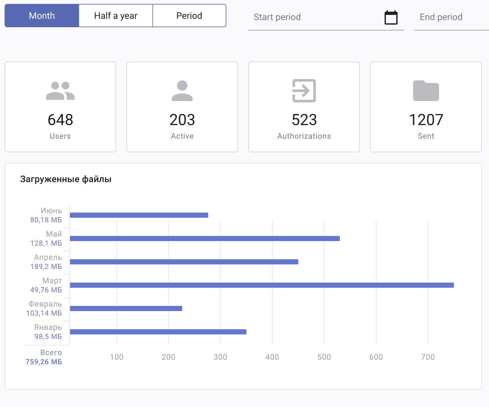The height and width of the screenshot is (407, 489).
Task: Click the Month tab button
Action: (42, 16)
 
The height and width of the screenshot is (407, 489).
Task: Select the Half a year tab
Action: (116, 16)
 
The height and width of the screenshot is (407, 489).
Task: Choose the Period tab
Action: (189, 16)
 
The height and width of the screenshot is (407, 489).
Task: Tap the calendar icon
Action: (391, 17)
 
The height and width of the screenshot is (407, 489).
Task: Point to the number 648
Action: (60, 120)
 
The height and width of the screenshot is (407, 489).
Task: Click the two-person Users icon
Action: (60, 91)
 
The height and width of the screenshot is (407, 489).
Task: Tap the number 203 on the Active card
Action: (182, 120)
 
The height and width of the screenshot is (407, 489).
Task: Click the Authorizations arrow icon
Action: (304, 91)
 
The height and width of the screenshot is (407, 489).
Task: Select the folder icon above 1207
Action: (426, 91)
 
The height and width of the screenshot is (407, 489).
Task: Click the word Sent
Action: (426, 136)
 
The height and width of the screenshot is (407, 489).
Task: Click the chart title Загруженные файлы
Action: (66, 179)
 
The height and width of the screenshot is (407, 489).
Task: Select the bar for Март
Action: (262, 285)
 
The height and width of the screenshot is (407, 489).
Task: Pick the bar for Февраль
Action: (126, 308)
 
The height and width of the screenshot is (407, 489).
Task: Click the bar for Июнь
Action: (139, 215)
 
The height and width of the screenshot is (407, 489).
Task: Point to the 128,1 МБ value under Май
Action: (46, 243)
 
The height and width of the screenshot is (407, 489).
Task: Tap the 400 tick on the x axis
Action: (272, 357)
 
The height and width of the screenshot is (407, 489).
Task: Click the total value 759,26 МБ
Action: (44, 362)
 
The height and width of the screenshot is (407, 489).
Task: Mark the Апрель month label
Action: (48, 257)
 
